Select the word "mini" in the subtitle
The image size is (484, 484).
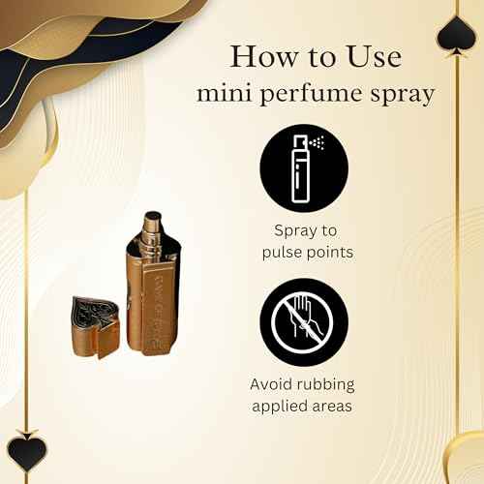218,95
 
